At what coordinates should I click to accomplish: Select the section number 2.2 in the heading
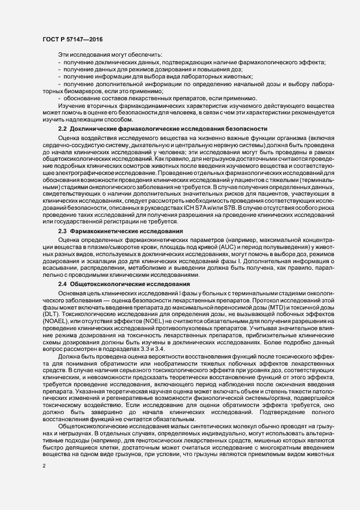62,129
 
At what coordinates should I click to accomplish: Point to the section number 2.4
62,284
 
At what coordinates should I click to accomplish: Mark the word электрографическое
83,173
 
